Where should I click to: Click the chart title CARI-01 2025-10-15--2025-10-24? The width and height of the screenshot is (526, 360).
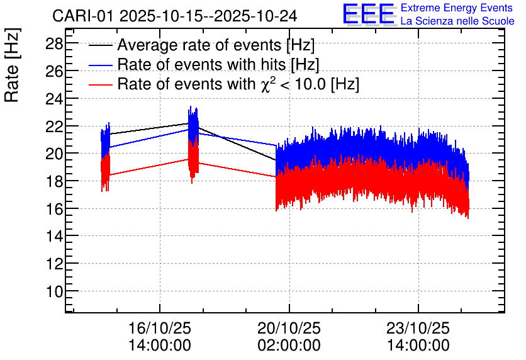[x=175, y=15]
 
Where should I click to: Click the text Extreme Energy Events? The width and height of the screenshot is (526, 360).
[x=457, y=8]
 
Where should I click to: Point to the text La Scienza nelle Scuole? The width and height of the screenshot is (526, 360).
[x=457, y=21]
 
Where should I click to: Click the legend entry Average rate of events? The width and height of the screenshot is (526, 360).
[x=216, y=45]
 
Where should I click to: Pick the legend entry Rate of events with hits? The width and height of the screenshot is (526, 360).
[x=218, y=64]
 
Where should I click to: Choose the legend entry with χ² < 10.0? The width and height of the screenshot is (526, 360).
[x=238, y=83]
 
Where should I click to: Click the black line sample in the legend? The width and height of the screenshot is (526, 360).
[x=101, y=46]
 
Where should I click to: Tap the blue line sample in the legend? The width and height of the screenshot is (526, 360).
[x=101, y=65]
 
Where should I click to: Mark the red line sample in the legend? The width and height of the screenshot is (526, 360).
[x=101, y=84]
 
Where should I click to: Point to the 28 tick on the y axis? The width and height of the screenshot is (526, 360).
[x=53, y=43]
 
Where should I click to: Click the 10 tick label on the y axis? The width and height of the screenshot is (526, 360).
[x=53, y=291]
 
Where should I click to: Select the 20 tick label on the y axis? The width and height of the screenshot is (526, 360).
[x=53, y=154]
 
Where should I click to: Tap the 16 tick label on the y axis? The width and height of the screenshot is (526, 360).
[x=53, y=208]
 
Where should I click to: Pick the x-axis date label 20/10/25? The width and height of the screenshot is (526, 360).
[x=289, y=329]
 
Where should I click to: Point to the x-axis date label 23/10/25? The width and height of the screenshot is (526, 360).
[x=418, y=329]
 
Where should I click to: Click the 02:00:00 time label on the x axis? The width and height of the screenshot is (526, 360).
[x=289, y=346]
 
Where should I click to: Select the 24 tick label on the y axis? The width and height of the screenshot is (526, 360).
[x=53, y=99]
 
